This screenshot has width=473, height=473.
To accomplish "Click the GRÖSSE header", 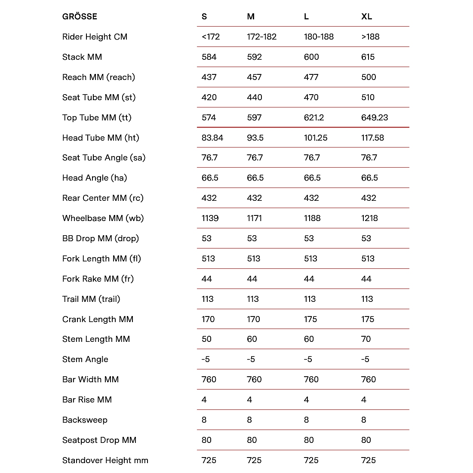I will coord(80,17).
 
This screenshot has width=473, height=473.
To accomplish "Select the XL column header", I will coord(366,17).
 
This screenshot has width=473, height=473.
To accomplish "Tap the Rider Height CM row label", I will coord(95,37).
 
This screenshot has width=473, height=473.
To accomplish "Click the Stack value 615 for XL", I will coord(368,57).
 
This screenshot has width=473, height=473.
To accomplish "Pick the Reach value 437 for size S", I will coord(209,77).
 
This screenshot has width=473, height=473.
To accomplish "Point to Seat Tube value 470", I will coord(311,98).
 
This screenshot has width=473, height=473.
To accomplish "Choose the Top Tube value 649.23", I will coord(374,118).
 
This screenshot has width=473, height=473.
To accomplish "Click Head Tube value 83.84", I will coord(212,138).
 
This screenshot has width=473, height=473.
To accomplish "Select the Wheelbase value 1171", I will coord(254,218).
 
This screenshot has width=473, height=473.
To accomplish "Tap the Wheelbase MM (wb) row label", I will coord(103,218).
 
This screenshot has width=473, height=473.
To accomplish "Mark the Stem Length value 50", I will coord(206,339).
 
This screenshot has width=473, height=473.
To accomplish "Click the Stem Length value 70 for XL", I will coord(366,339).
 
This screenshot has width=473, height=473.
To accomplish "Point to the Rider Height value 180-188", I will coord(319,37).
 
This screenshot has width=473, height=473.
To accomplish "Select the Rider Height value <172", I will coord(210,37).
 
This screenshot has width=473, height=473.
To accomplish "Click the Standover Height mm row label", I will coord(105,461).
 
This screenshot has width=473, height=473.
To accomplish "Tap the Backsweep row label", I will coord(85,420).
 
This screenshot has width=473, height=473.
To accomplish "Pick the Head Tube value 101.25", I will coord(316,138).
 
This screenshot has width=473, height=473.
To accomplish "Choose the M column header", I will coord(251,17).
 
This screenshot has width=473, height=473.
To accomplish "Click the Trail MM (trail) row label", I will coord(91,299).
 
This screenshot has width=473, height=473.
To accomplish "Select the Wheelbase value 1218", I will coord(369,218).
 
